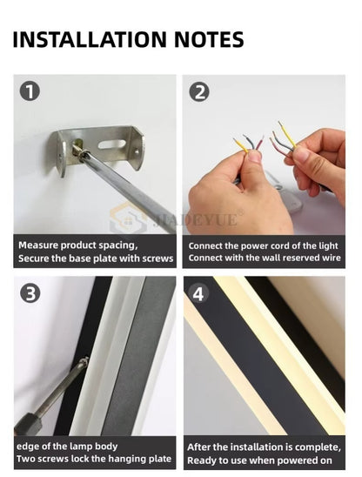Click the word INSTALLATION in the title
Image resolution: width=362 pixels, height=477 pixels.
click(x=90, y=39)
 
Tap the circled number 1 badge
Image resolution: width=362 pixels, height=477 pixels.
click(x=30, y=91)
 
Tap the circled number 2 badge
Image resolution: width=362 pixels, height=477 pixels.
click(x=199, y=92)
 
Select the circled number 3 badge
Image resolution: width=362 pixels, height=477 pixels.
click(x=30, y=293)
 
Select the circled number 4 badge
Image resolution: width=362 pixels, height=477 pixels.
click(x=198, y=294)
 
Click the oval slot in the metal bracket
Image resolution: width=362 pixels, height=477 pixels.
click(x=112, y=144)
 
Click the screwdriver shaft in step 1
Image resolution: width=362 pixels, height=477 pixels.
click(x=128, y=189)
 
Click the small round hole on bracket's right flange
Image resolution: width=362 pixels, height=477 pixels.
click(x=137, y=151)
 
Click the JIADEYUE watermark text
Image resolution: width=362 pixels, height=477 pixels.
click(x=195, y=219)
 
